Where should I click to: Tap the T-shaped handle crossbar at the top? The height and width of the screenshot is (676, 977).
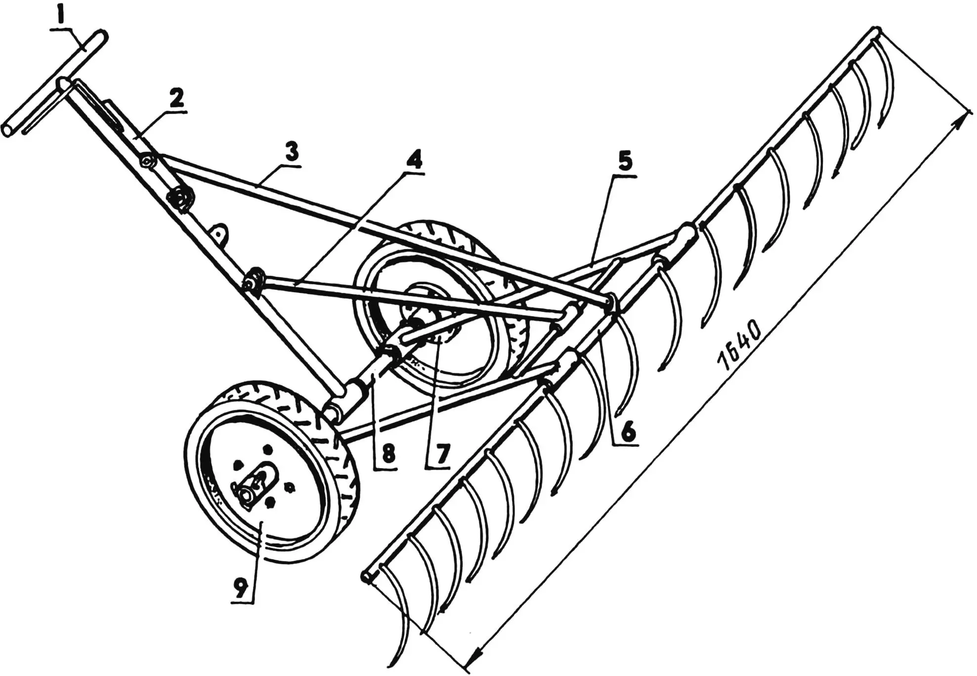point(54,84)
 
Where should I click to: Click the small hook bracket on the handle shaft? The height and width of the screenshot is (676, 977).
point(219,232)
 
